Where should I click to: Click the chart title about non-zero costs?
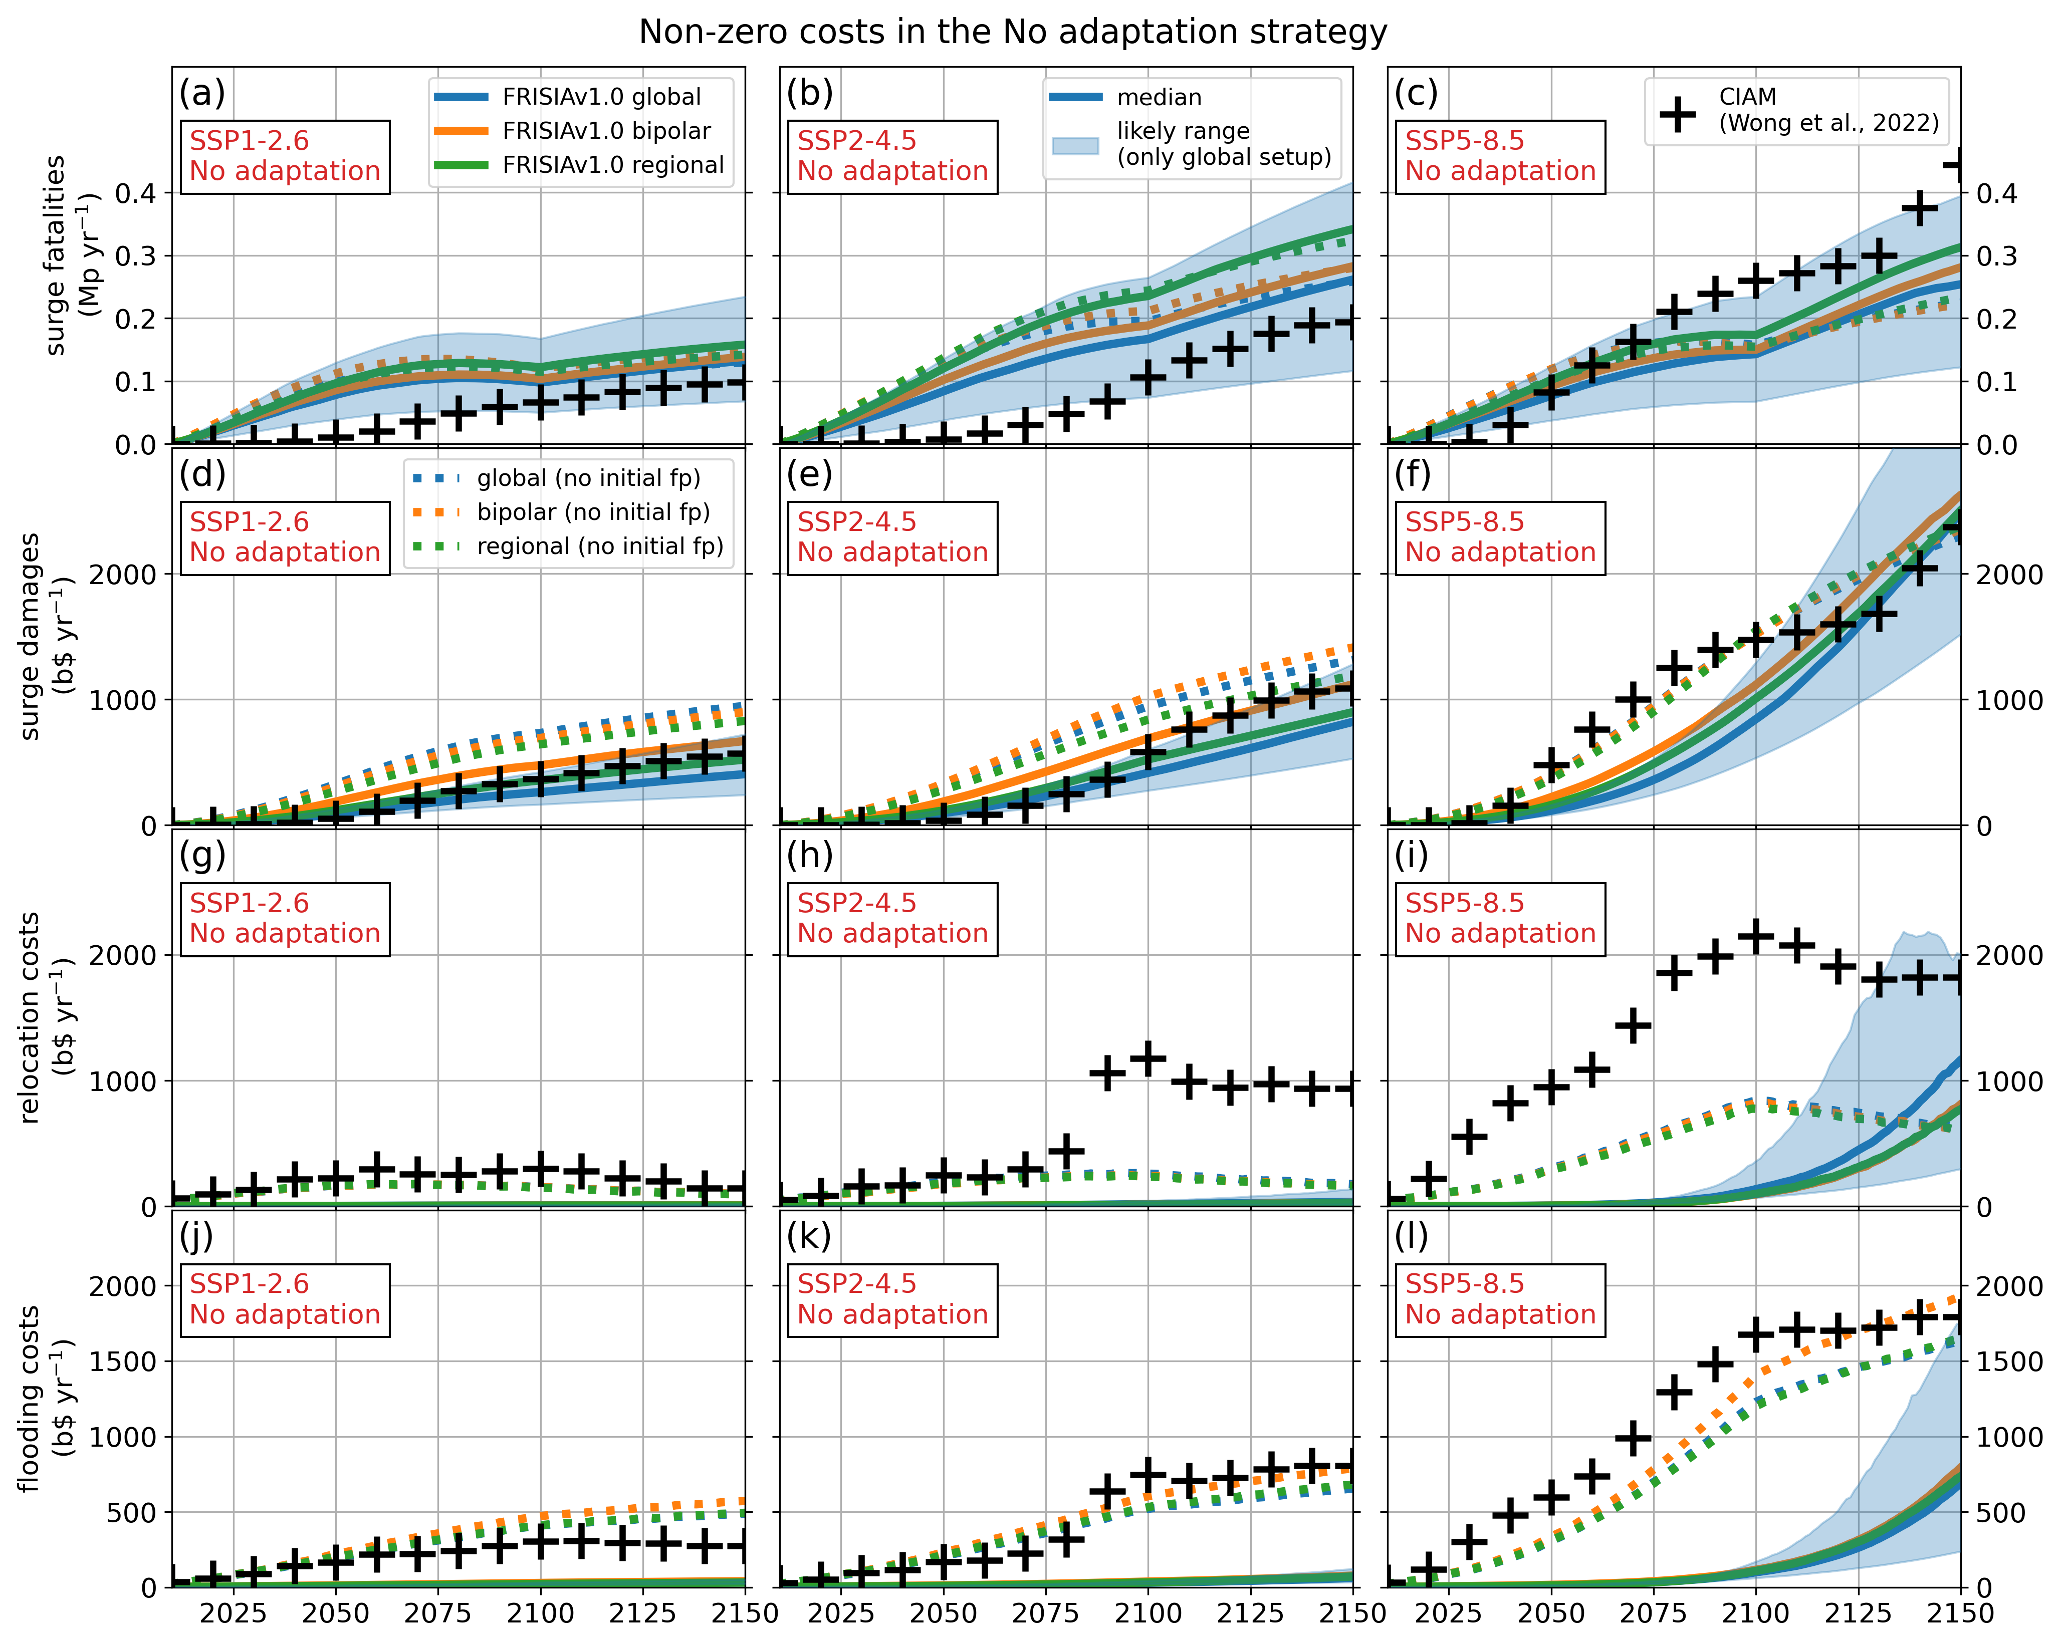coord(1013,33)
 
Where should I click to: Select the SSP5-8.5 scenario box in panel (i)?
coord(1500,919)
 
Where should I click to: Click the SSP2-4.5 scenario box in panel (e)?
coord(892,538)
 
